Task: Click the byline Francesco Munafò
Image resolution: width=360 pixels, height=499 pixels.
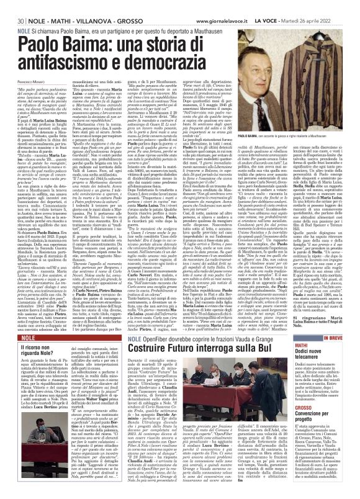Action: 20,81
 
